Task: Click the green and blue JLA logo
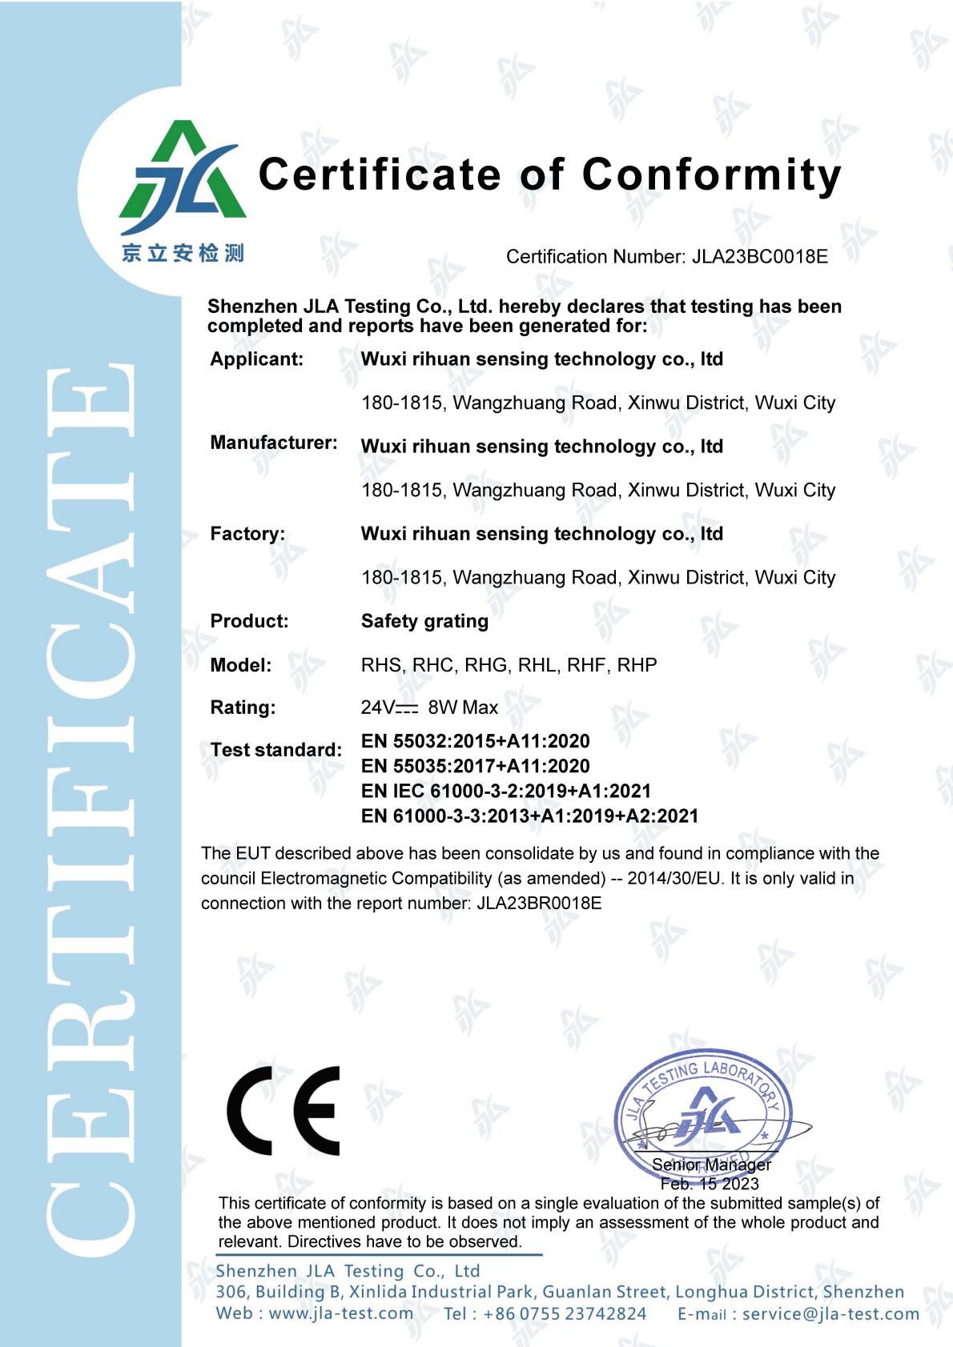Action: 183,172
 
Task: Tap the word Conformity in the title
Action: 712,174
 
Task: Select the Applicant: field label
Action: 256,359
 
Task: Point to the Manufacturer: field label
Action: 273,443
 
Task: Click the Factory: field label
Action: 247,534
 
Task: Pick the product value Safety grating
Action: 424,621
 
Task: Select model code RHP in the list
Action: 637,665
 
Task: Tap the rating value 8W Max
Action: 463,708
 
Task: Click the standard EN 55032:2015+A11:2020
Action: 475,741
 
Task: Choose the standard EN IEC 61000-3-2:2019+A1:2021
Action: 505,791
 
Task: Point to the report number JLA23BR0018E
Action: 539,904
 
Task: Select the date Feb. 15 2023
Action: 710,1184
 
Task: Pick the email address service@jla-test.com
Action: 830,1313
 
